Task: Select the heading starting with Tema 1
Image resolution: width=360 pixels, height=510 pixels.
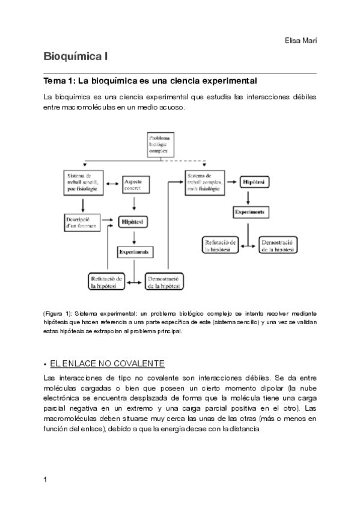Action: pos(150,80)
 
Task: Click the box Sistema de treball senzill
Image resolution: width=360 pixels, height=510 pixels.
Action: pos(83,182)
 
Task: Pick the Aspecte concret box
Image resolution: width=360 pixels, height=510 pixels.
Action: pos(136,185)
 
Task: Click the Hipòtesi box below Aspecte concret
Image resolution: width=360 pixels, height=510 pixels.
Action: pos(134,222)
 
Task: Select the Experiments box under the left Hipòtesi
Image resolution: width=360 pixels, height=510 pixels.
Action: pos(134,251)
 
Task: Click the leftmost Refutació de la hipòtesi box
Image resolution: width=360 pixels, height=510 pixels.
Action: pos(107,281)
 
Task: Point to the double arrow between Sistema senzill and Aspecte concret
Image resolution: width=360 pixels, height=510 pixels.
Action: pos(112,182)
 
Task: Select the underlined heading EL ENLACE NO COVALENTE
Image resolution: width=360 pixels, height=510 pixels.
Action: pos(108,364)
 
